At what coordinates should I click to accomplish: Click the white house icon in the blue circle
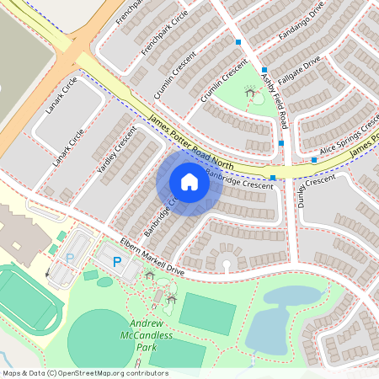[189, 181]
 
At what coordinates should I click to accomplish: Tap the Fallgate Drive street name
[298, 69]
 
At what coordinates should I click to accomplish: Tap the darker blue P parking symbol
[116, 263]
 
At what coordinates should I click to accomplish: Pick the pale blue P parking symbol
[70, 259]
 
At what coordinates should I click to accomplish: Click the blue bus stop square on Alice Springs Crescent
[314, 160]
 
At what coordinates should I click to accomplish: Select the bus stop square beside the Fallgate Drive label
[264, 70]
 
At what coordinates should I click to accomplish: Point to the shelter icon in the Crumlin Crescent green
[248, 93]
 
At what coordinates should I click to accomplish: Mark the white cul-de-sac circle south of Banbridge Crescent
[226, 266]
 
